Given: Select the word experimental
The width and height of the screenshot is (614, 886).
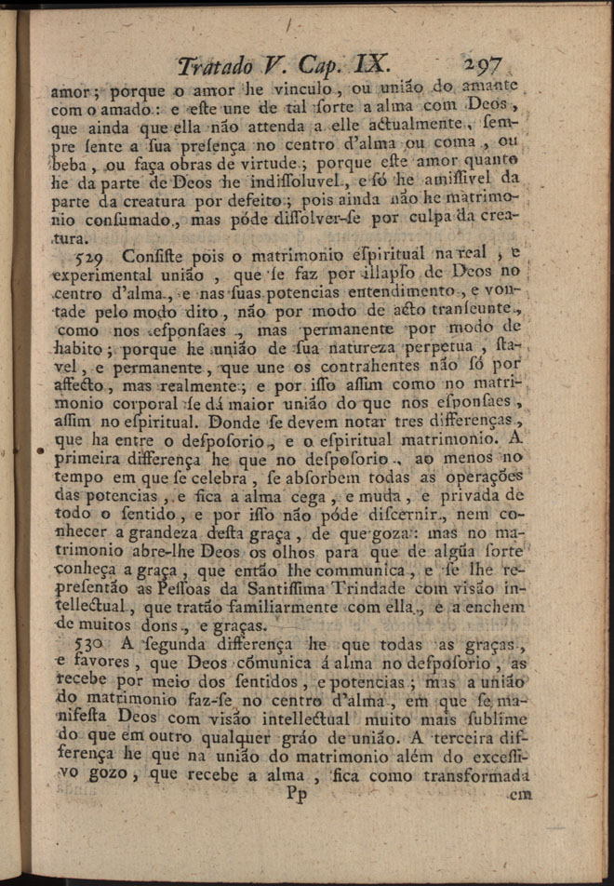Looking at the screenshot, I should [x=96, y=276].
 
